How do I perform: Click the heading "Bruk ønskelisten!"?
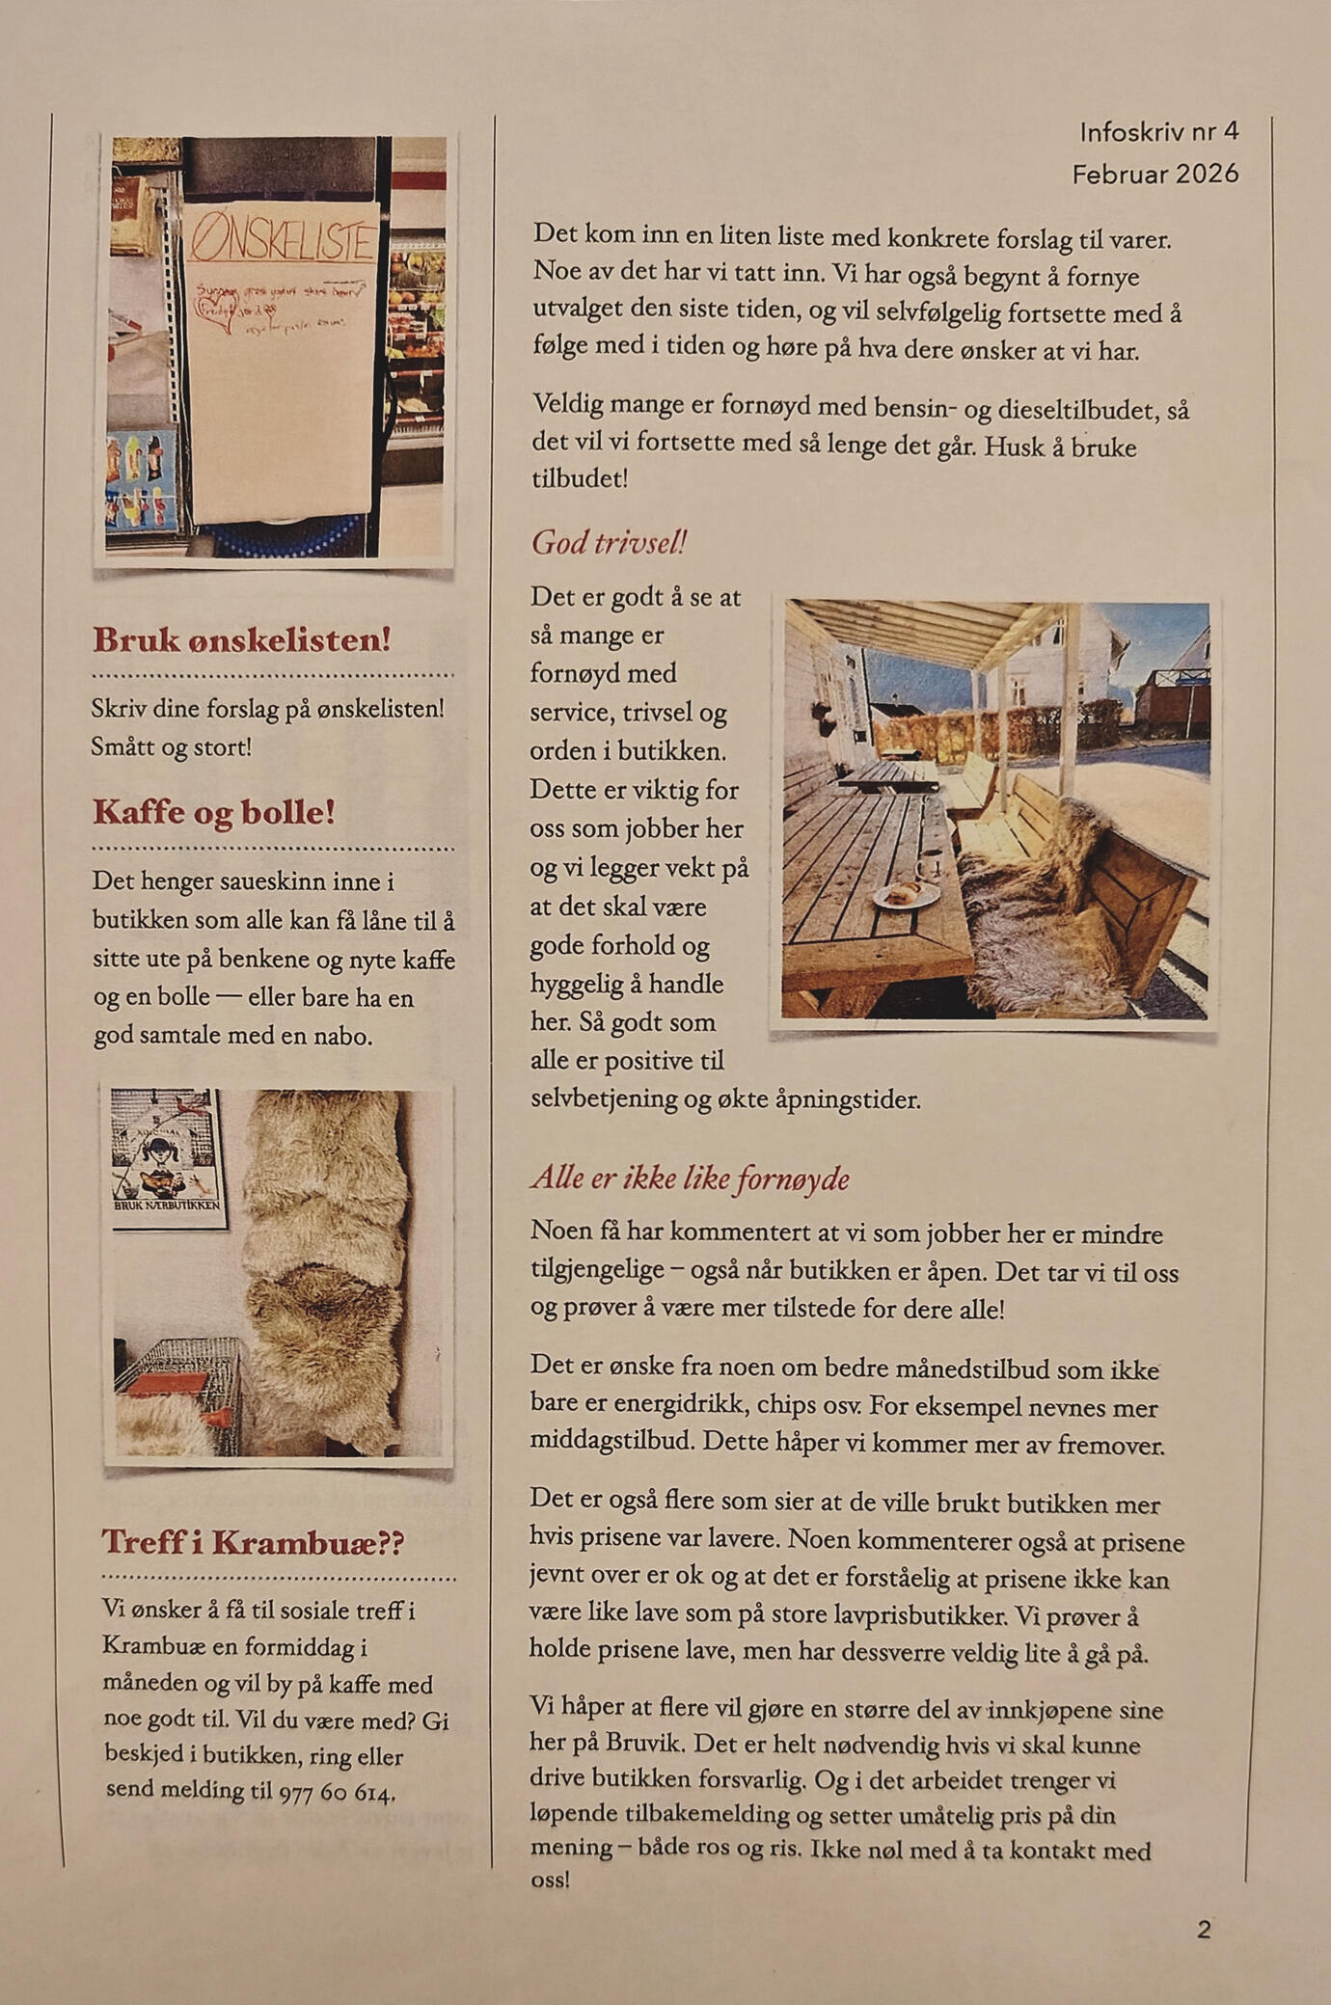tap(241, 639)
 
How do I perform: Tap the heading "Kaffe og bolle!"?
tap(213, 812)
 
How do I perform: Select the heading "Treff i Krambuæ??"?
tap(253, 1541)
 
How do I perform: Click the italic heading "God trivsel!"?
tap(608, 542)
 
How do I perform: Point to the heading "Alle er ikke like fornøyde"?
tap(690, 1178)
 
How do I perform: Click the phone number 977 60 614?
tap(337, 1793)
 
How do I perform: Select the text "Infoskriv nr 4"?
tap(1158, 132)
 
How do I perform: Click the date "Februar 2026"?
tap(1154, 174)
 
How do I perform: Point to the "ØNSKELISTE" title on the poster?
tap(282, 240)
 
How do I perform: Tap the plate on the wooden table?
tap(905, 896)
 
